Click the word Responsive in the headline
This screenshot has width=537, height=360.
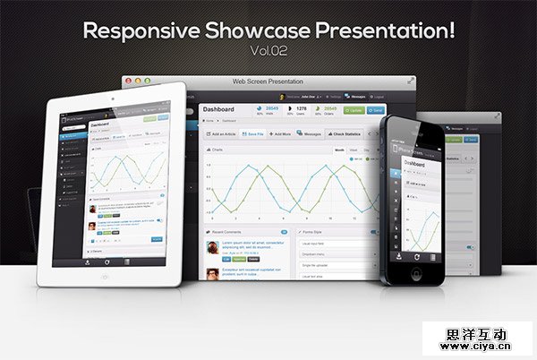(134, 30)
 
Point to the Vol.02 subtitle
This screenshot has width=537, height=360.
(268, 51)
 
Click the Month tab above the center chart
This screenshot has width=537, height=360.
(340, 150)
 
